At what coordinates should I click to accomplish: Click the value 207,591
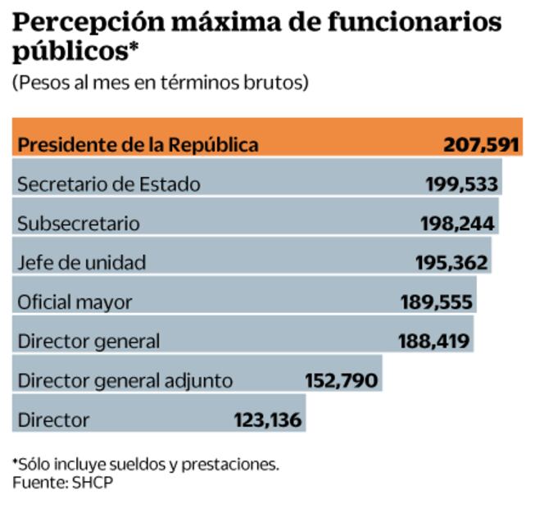(482, 145)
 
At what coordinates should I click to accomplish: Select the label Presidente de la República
(138, 145)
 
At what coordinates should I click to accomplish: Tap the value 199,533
(461, 184)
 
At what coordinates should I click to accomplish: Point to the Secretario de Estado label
(108, 184)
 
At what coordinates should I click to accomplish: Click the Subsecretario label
(79, 223)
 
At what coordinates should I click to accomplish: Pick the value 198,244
(457, 223)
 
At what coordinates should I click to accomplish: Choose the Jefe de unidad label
(82, 262)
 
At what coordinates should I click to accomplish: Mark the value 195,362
(451, 262)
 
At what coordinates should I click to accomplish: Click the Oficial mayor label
(75, 302)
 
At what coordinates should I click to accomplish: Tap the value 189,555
(436, 302)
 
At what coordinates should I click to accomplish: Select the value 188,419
(434, 340)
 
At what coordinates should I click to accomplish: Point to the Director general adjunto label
(125, 380)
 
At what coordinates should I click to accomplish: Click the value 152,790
(341, 380)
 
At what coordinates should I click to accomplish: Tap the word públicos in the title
(66, 52)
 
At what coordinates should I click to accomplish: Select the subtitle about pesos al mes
(160, 83)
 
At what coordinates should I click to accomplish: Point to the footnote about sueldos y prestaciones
(146, 464)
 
